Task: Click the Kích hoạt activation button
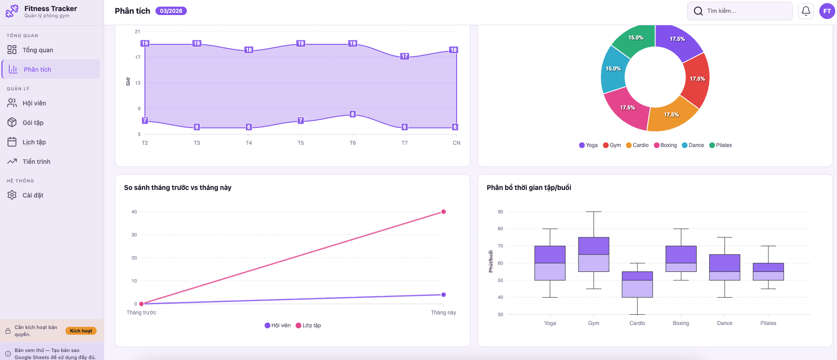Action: (x=81, y=331)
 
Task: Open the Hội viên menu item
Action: (x=34, y=103)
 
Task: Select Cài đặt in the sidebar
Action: (x=33, y=195)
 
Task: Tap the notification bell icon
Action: (x=806, y=11)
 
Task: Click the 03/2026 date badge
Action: (x=171, y=11)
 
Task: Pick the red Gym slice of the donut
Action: (x=696, y=80)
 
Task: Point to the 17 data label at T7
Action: (x=404, y=56)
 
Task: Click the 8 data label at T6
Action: (x=353, y=114)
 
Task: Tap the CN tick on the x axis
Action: (x=456, y=143)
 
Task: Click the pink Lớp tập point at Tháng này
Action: (x=443, y=212)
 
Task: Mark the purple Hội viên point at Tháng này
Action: (x=443, y=294)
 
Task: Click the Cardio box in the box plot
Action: (x=637, y=284)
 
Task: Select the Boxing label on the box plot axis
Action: (x=681, y=323)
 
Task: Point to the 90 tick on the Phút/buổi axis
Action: (x=500, y=212)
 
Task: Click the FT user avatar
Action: (x=827, y=11)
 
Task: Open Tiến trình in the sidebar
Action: (x=36, y=162)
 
